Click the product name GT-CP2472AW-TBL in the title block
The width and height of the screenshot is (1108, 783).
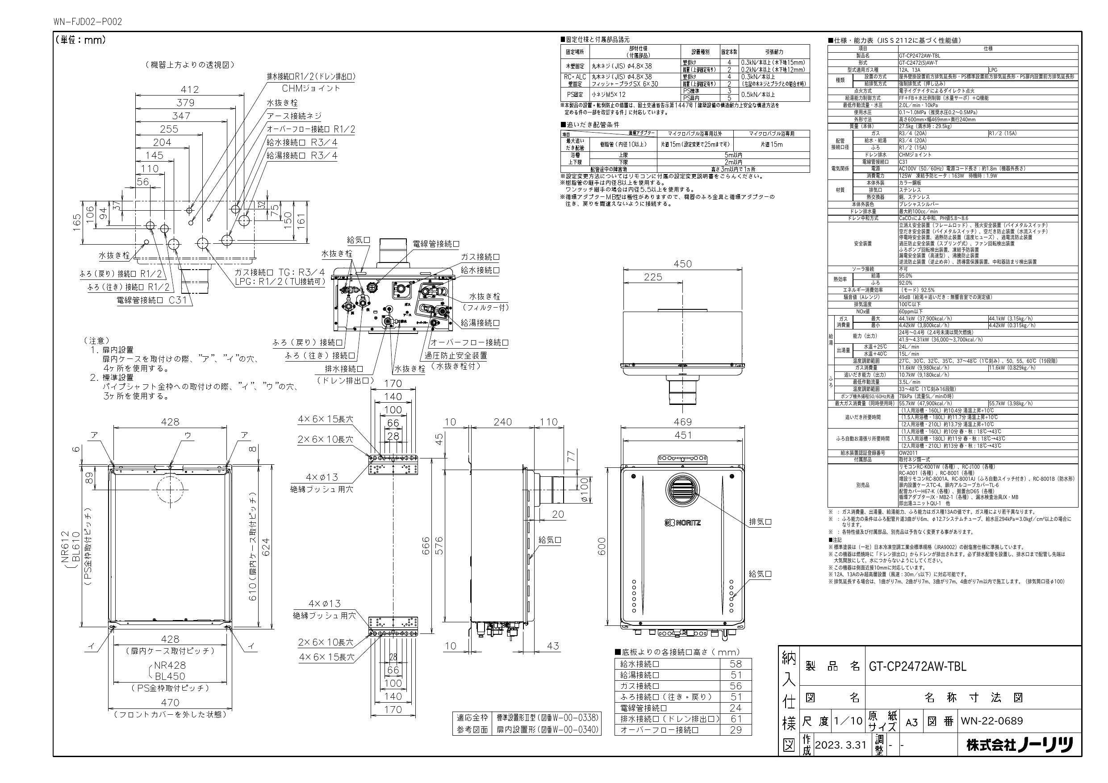tap(917, 667)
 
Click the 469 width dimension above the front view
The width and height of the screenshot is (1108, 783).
tap(682, 422)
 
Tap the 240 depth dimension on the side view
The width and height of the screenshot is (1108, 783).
tap(502, 422)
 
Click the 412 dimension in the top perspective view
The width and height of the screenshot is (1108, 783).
tap(190, 89)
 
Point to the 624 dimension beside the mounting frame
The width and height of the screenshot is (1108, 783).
tap(266, 547)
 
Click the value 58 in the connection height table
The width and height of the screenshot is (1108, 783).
tap(736, 664)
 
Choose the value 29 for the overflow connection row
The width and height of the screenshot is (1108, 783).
tap(736, 730)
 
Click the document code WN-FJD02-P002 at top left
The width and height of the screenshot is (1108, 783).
tap(88, 22)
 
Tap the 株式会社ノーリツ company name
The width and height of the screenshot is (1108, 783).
tap(1019, 745)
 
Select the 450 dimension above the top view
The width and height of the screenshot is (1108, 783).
tap(682, 264)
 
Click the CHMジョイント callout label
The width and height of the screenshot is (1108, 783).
tap(311, 88)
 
